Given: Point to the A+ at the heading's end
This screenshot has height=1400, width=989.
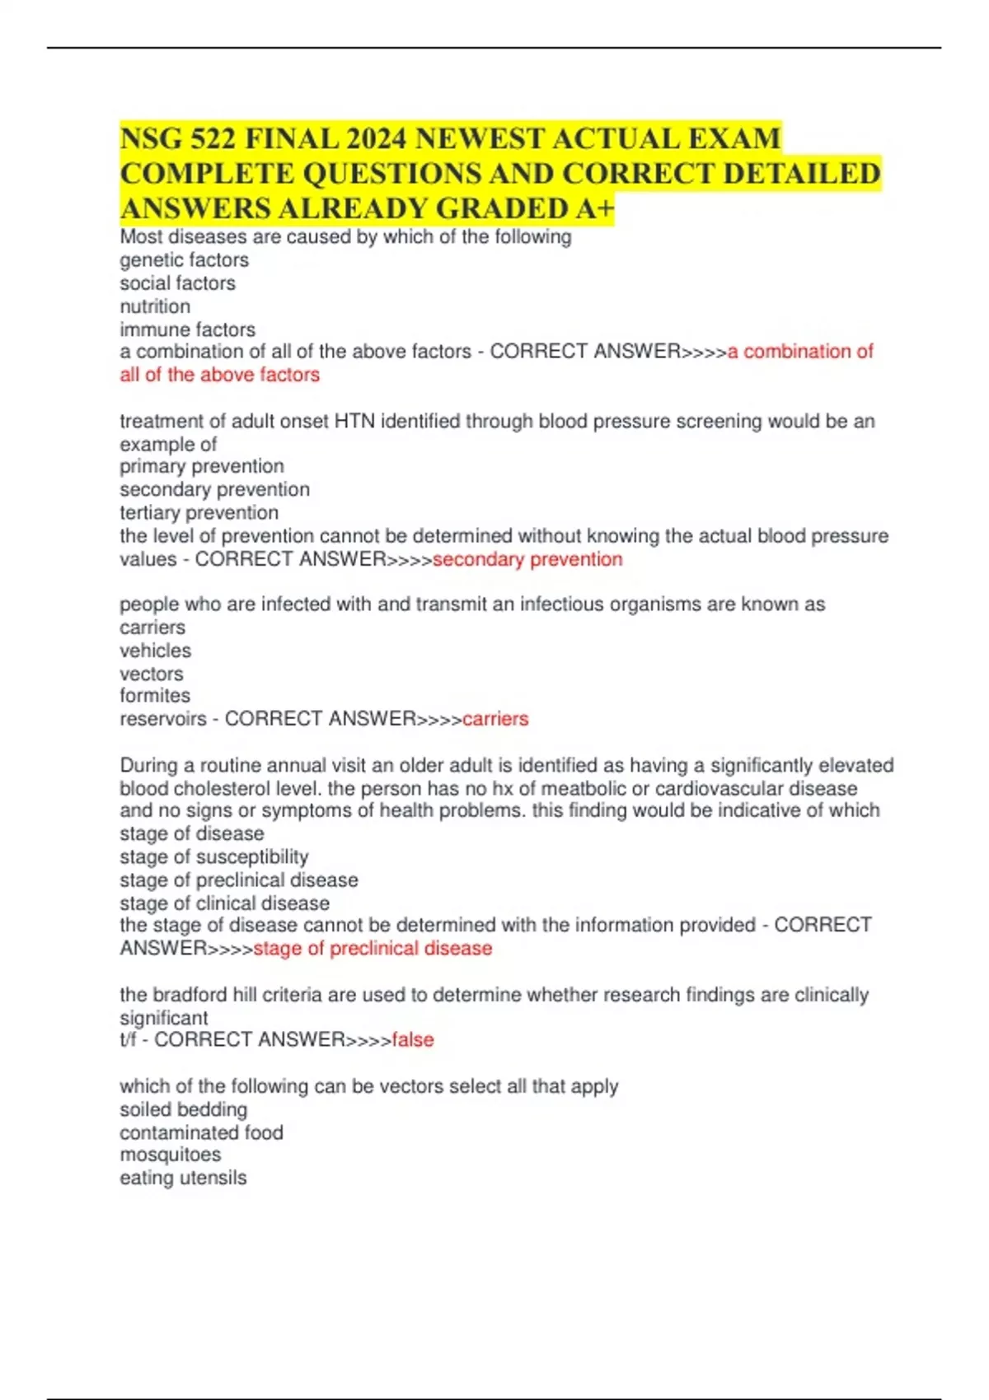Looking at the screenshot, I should pos(594,209).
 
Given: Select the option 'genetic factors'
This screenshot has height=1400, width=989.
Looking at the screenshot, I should pos(184,260).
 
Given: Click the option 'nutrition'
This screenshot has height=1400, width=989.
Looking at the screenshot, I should pos(155,306).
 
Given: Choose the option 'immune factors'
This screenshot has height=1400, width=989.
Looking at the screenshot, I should pos(187,329).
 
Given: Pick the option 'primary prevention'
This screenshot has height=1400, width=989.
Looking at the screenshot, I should pos(202,466).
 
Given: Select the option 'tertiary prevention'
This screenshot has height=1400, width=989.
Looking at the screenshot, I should pos(199,512).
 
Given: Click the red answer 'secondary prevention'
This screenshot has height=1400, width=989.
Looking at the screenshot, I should pos(527,559).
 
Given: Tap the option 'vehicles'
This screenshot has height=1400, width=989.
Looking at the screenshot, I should pos(155,651).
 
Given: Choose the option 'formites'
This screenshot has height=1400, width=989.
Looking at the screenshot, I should pos(155,696).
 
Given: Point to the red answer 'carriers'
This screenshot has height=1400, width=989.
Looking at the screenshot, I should pos(495,719).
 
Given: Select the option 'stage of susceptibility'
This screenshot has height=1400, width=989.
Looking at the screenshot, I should pos(214,856).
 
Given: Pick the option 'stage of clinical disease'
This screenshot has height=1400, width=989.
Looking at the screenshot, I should pos(224,903).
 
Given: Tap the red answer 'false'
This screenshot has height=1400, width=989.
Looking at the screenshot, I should pos(413,1040).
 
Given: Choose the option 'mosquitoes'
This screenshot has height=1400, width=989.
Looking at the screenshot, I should pos(170,1155).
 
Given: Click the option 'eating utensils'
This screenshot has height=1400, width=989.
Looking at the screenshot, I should pos(183,1178).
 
